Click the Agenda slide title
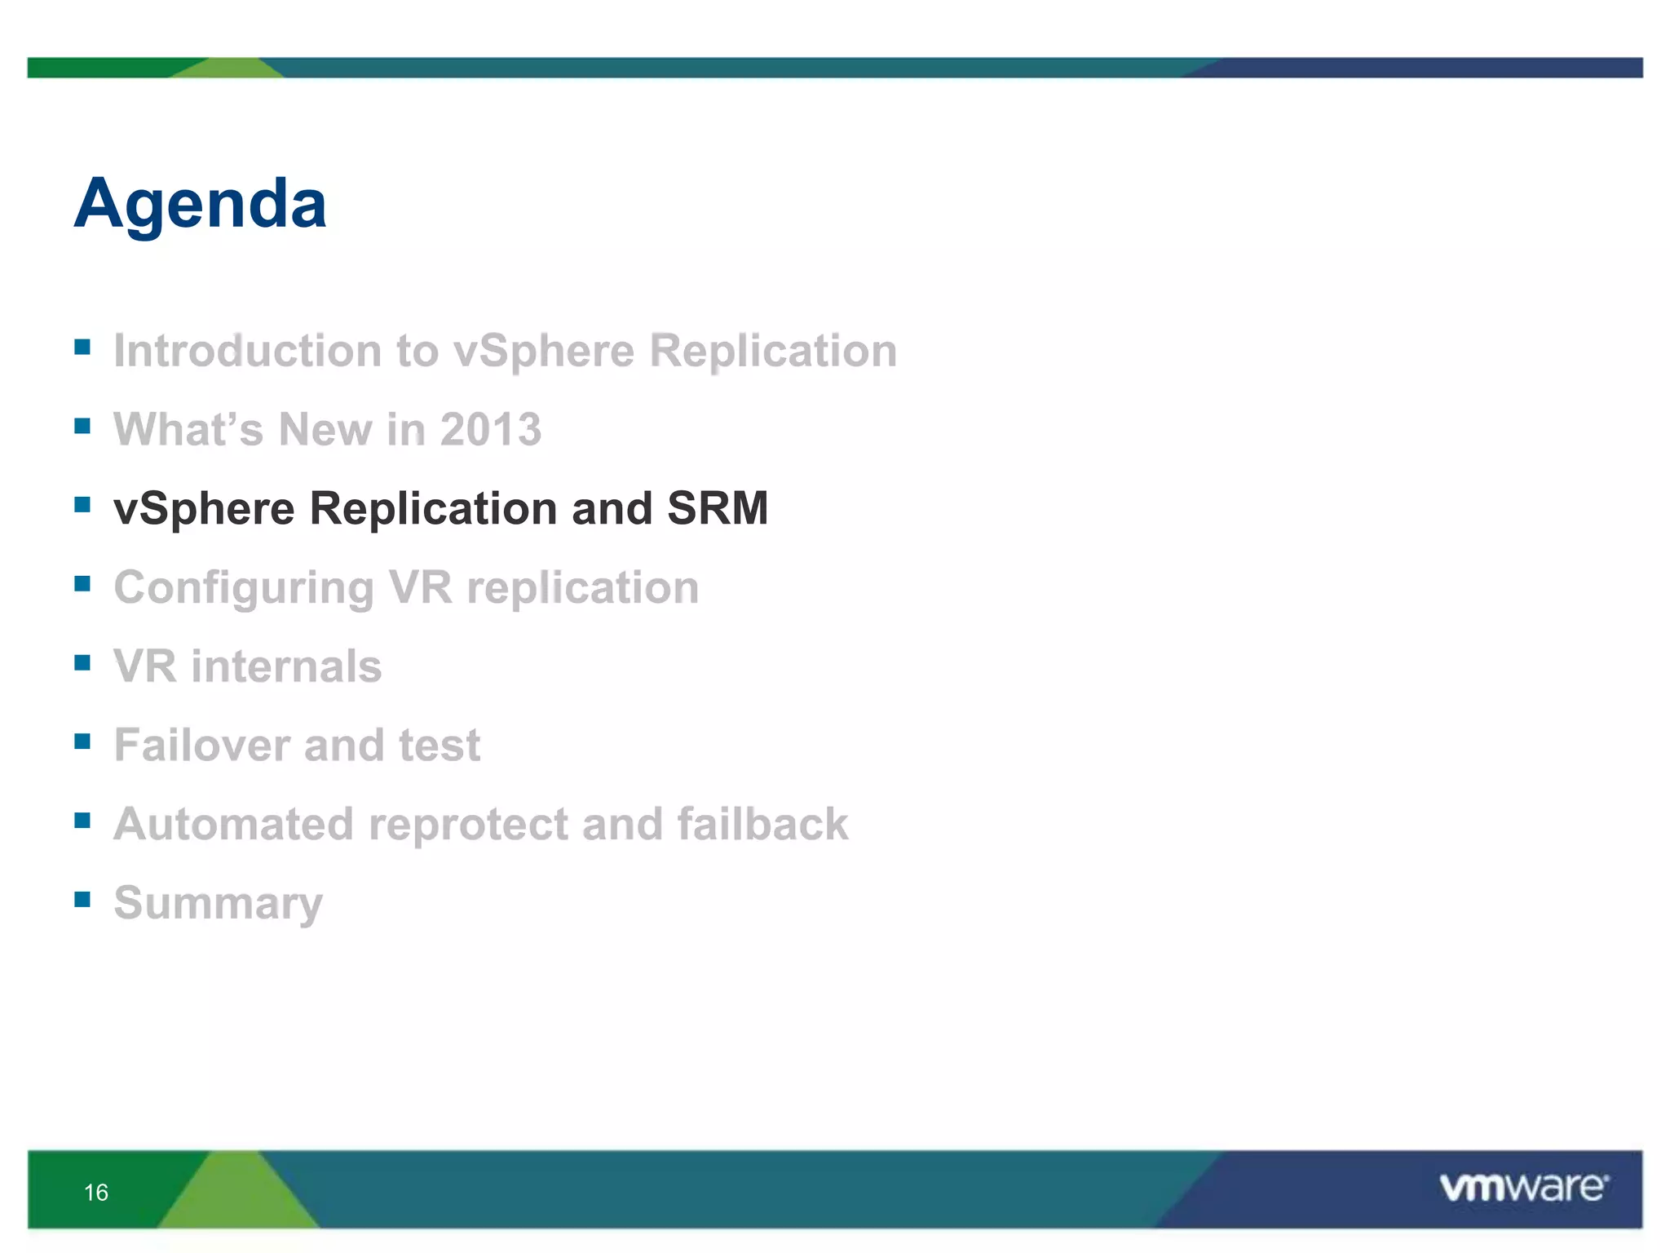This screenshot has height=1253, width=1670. tap(200, 204)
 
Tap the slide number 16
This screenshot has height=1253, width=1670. tap(96, 1193)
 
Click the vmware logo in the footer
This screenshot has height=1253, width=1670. tap(1523, 1187)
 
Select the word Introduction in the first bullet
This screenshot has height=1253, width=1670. tap(247, 351)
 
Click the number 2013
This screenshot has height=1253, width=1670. tap(490, 430)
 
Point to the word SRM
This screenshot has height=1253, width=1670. tap(718, 508)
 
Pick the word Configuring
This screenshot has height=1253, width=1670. tap(243, 589)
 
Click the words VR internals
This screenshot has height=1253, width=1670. tap(247, 666)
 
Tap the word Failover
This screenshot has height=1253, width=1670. tap(201, 745)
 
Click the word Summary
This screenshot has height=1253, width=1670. tap(218, 904)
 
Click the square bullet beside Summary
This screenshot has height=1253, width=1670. tap(82, 899)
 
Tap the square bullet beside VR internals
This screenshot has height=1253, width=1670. tap(82, 662)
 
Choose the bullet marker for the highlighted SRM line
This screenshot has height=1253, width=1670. tap(82, 504)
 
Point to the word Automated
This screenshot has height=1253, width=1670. tap(233, 824)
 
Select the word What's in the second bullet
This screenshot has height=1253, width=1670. tap(188, 430)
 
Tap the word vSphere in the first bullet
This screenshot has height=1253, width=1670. tap(543, 352)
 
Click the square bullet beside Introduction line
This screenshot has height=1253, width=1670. tap(82, 347)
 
